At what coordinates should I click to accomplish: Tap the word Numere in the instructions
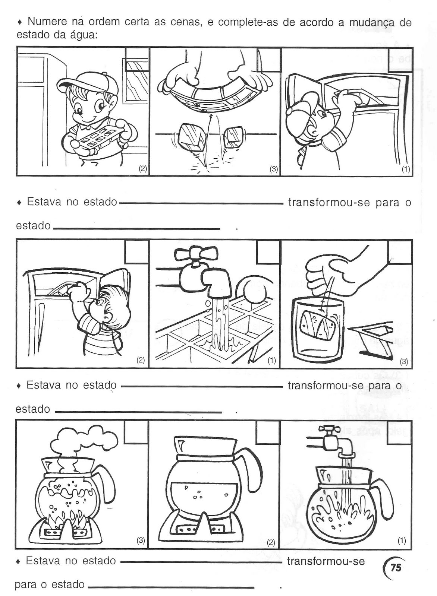tap(47, 22)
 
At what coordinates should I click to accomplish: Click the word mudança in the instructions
tap(372, 23)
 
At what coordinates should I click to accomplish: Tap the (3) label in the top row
tap(273, 169)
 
